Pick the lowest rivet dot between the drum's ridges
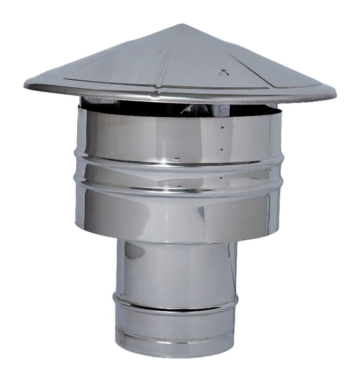222,177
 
